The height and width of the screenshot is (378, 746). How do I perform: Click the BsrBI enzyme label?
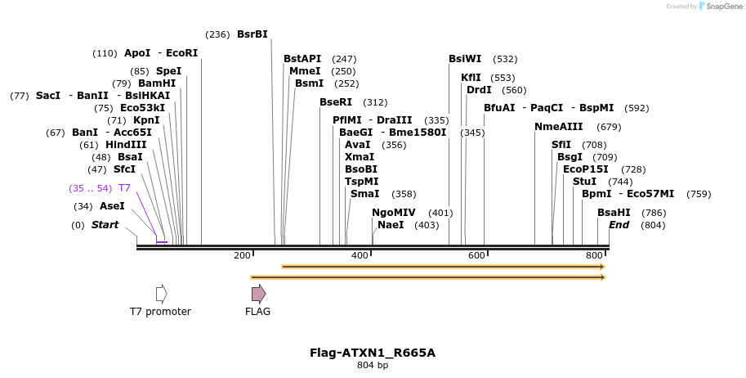pos(252,34)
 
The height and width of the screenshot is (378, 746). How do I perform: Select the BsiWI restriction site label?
pos(465,59)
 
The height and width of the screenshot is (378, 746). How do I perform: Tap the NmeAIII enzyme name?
pos(559,127)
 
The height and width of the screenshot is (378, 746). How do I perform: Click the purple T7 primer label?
pos(124,188)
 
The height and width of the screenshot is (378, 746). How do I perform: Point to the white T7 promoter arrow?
pos(161,294)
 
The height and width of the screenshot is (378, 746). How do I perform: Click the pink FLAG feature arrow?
pos(258,294)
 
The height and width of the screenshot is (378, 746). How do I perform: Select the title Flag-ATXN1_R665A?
pos(372,353)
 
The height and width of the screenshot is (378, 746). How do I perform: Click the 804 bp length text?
pos(372,365)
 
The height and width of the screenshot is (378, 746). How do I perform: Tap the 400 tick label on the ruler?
pos(360,256)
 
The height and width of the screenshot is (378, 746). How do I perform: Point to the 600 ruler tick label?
pos(476,256)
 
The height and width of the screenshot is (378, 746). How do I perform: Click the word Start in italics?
pos(105,225)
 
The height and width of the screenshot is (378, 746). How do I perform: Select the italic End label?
pos(619,225)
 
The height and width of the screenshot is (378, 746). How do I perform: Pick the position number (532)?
pos(506,59)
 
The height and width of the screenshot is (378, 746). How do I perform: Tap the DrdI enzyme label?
pos(479,90)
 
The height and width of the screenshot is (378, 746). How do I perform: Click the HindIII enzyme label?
pos(126,145)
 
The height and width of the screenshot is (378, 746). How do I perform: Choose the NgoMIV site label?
pos(394,213)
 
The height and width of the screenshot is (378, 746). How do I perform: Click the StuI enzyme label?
pos(584,182)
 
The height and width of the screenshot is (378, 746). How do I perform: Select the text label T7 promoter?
pos(160,312)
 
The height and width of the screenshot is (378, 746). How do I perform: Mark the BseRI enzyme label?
pos(336,102)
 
